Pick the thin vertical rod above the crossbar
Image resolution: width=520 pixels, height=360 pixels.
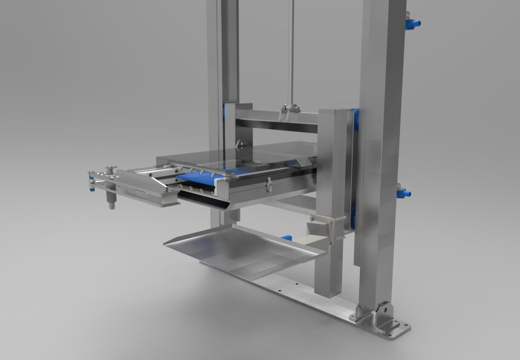point(291,52)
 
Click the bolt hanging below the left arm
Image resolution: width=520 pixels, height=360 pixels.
point(112,201)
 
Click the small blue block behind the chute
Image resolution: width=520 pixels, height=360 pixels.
point(286,238)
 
